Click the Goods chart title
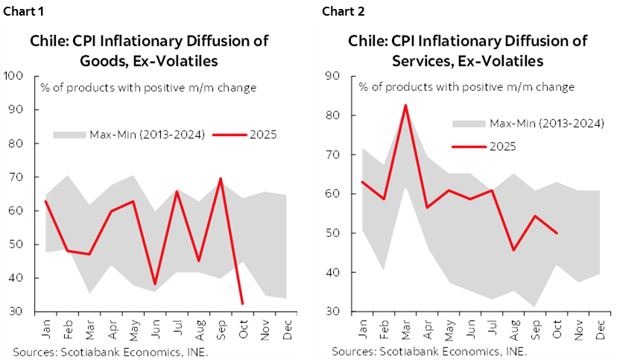pyautogui.click(x=149, y=50)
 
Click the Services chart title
pyautogui.click(x=468, y=50)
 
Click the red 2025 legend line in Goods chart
pyautogui.click(x=230, y=135)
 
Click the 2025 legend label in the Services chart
pyautogui.click(x=502, y=146)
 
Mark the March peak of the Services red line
pyautogui.click(x=406, y=105)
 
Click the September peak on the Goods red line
pyautogui.click(x=221, y=179)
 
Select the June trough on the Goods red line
pyautogui.click(x=155, y=285)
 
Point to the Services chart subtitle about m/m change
pyautogui.click(x=466, y=87)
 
